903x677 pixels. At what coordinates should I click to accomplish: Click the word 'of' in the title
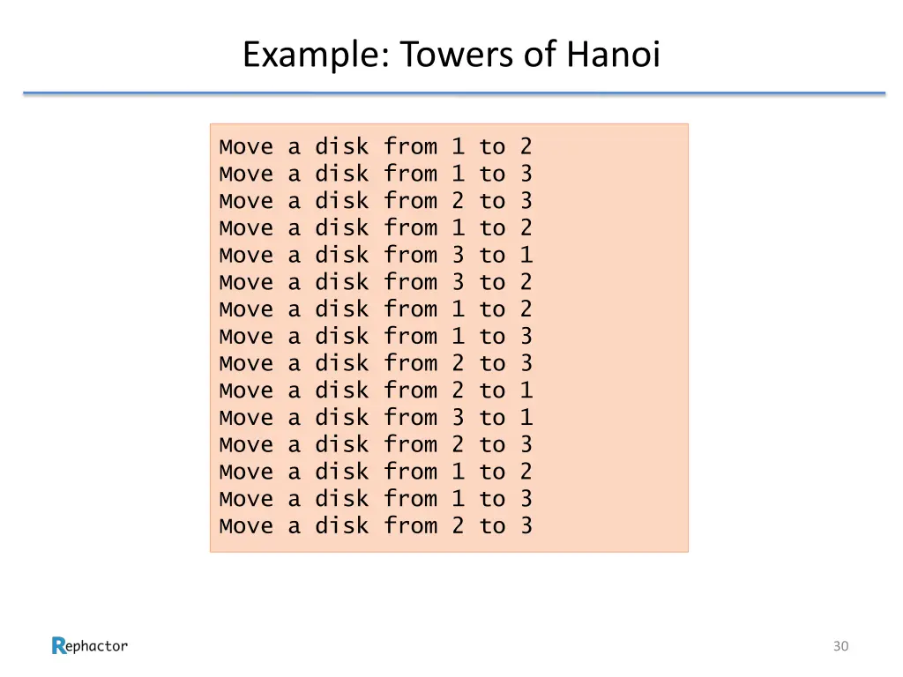click(538, 56)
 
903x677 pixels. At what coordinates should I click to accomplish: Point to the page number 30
click(840, 646)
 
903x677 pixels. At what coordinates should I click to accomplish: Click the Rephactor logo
click(90, 646)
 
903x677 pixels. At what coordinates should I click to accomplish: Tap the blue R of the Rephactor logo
click(59, 646)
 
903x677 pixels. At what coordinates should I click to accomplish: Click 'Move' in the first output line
click(246, 146)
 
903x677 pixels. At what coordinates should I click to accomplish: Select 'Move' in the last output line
click(246, 526)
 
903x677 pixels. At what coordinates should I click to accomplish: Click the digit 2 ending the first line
click(526, 146)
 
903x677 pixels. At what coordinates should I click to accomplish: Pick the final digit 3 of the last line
click(526, 526)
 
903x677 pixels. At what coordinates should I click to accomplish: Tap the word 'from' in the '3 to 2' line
click(410, 282)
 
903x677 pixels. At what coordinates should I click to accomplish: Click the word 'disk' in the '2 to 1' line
click(341, 391)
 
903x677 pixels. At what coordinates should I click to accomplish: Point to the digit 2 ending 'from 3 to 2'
click(526, 282)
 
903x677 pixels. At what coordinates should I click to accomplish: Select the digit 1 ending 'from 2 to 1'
click(526, 391)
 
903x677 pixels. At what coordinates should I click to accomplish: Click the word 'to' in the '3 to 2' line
click(492, 282)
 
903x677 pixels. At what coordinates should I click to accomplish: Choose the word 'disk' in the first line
click(341, 146)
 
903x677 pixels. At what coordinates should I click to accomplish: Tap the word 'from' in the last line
click(410, 526)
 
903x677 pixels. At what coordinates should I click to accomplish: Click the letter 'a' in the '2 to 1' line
click(294, 391)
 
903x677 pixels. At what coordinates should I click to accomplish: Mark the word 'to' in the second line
click(492, 174)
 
